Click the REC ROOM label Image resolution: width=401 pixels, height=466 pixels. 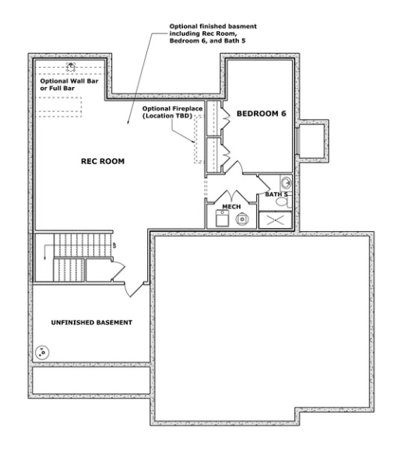(103, 161)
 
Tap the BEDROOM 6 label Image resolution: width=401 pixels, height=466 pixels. (261, 114)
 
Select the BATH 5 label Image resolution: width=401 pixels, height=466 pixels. (276, 194)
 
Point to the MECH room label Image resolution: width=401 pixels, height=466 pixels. (231, 207)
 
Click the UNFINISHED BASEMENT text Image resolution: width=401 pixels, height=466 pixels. (92, 322)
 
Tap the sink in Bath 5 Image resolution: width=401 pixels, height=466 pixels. (287, 183)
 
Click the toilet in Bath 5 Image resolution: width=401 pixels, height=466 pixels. (283, 201)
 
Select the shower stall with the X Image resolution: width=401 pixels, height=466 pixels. (275, 220)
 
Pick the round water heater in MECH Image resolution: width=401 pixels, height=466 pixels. (242, 219)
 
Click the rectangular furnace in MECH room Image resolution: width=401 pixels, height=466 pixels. (222, 218)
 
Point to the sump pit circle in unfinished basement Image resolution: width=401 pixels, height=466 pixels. (42, 352)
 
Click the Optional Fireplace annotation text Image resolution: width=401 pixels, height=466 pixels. (172, 112)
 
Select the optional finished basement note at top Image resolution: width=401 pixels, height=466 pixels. (213, 33)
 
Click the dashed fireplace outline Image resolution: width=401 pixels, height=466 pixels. (199, 139)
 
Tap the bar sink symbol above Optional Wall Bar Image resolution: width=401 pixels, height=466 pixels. (71, 67)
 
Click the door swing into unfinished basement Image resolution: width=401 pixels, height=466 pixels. (135, 289)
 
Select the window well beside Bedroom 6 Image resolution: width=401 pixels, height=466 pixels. (312, 141)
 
